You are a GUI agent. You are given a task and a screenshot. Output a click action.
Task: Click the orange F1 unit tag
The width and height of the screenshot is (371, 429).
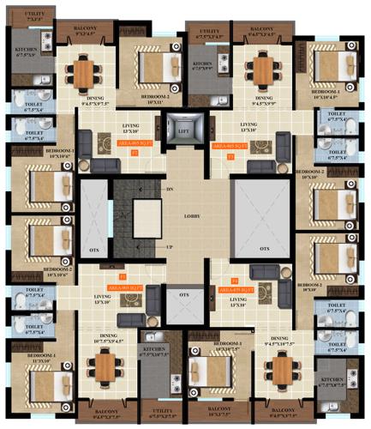coord(123,276)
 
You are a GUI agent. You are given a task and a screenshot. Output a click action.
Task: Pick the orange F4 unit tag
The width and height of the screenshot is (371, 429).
coord(235,280)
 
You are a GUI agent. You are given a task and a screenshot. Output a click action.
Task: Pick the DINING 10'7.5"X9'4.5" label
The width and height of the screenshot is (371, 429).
coord(109,340)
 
